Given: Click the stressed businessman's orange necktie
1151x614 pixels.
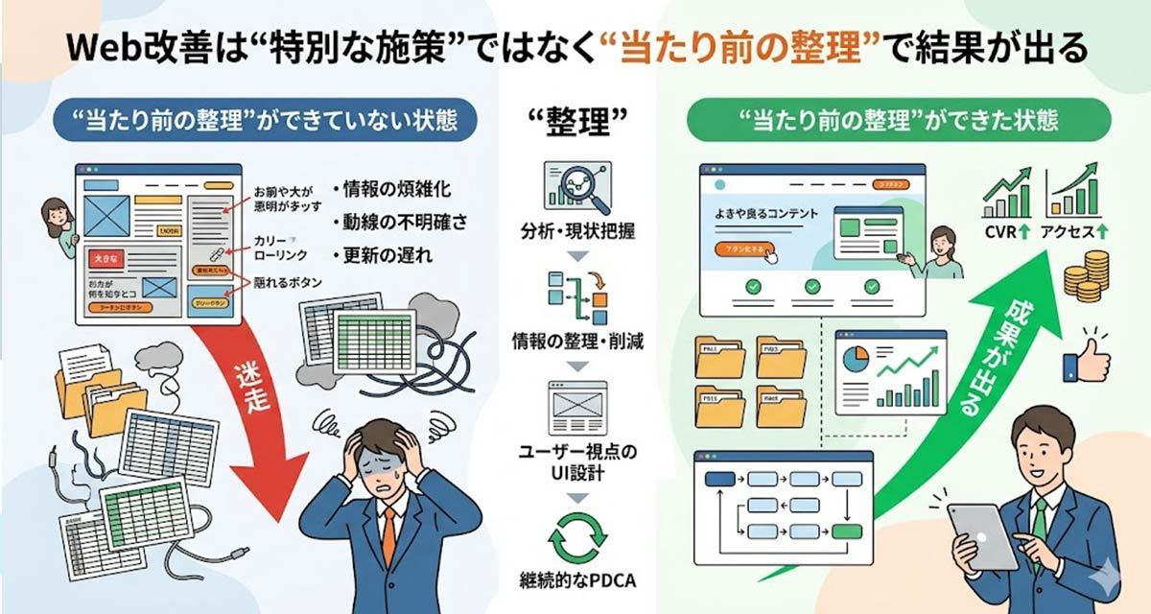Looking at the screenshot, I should point(388,535).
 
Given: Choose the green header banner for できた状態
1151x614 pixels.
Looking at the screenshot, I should point(898,120).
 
